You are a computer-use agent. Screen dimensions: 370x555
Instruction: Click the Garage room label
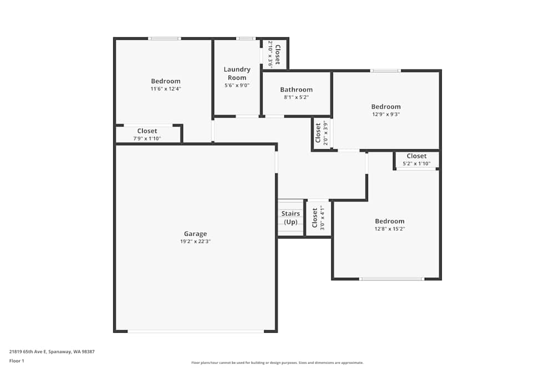(195, 234)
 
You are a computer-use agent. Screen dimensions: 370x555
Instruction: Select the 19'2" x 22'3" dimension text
(195, 241)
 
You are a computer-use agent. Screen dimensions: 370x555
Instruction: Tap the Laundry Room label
(237, 73)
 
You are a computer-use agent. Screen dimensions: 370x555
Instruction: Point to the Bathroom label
(296, 89)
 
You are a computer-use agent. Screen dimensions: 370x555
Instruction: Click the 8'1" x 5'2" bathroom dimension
(296, 97)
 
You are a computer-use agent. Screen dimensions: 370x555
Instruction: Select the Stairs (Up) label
(291, 217)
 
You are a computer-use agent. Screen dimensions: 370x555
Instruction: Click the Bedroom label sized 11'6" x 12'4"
(165, 81)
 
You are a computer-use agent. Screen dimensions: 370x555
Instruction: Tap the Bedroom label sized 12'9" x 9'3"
(386, 107)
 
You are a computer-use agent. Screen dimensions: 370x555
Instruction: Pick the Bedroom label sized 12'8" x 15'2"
(389, 221)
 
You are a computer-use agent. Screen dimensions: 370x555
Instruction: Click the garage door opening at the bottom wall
(195, 331)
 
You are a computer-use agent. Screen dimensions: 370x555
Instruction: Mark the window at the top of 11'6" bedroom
(164, 38)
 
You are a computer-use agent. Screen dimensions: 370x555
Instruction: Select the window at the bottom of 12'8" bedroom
(391, 278)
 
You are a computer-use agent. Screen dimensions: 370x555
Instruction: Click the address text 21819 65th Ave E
(52, 351)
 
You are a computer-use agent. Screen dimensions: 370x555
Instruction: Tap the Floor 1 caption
(17, 361)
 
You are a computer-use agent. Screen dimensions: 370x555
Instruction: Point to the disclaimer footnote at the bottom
(277, 363)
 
